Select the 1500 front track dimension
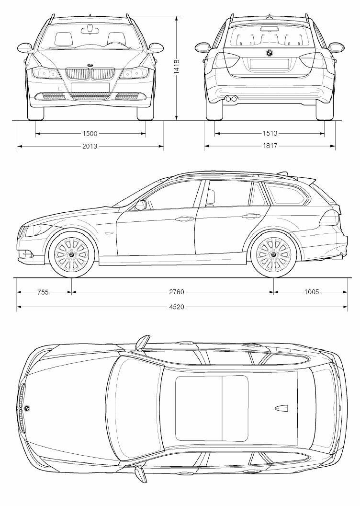tap(90, 134)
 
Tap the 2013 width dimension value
tap(90, 146)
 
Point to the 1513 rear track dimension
tap(270, 134)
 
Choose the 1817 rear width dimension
tap(270, 146)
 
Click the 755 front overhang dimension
tap(43, 292)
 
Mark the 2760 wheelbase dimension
tap(177, 292)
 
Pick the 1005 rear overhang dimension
tap(312, 292)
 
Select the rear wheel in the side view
tap(273, 254)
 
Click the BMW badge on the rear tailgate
tap(269, 53)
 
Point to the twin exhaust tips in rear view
tap(231, 99)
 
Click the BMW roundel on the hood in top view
tap(28, 408)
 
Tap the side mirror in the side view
tap(141, 205)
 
